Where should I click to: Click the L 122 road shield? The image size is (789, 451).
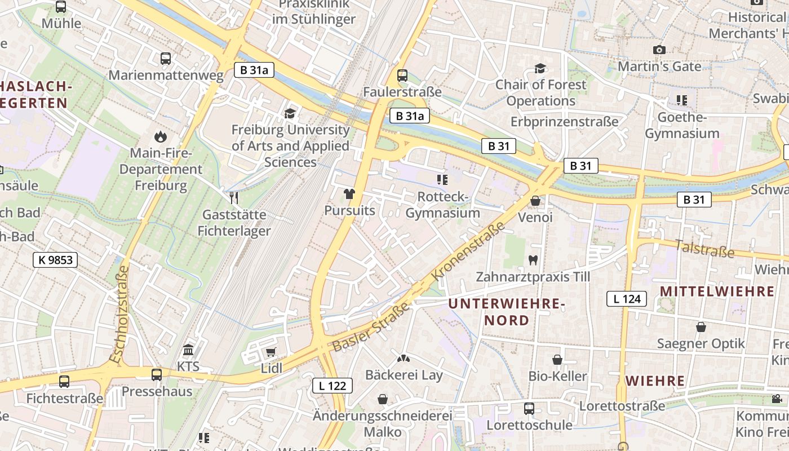pos(333,386)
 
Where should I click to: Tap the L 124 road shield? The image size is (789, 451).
pos(626,299)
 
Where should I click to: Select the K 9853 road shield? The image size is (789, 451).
pos(55,260)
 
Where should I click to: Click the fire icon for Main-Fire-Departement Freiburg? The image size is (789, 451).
pos(161,136)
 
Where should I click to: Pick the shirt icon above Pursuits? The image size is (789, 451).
pos(349,194)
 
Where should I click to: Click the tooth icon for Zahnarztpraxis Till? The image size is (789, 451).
pos(533,260)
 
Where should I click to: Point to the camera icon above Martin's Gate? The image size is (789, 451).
pos(659,50)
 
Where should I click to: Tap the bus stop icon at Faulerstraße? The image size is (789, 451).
pos(402,75)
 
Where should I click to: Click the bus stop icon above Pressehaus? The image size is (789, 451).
pos(157,374)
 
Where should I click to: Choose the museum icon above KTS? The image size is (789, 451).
pos(188,350)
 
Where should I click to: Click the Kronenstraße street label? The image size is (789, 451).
pos(468,252)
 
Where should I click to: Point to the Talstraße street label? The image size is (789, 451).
pos(704,248)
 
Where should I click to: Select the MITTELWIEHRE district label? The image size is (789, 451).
pos(717,291)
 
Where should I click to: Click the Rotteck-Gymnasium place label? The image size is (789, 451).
pos(443,205)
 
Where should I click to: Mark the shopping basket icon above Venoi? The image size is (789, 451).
pos(535,201)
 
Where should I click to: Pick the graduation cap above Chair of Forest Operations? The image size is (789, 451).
pos(540,68)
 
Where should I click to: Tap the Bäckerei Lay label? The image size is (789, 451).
pos(404,375)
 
